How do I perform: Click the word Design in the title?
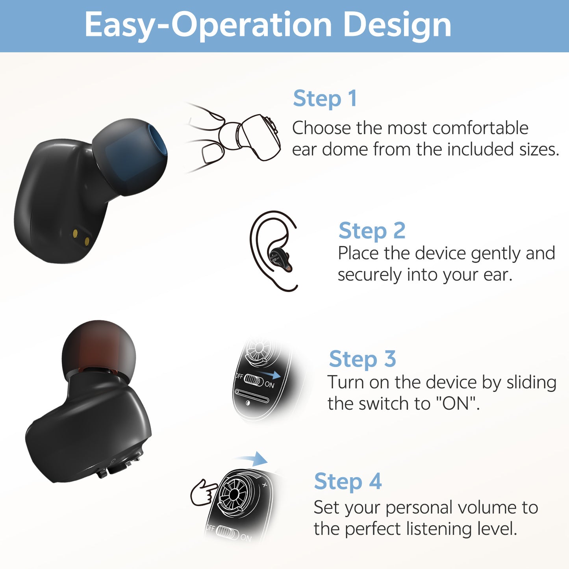397,26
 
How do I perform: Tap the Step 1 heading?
325,98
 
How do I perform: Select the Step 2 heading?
372,230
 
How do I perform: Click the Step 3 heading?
362,359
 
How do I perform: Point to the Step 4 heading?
348,481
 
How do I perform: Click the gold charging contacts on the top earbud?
81,237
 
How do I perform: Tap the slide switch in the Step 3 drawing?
254,381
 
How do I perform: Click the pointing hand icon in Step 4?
203,492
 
